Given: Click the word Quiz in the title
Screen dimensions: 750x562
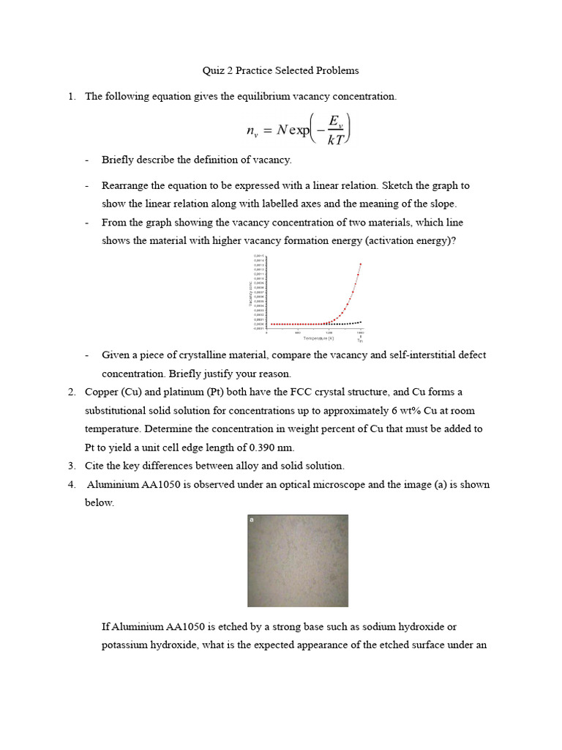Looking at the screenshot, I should pos(212,70).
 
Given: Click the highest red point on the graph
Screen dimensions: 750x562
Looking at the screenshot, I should pos(361,264).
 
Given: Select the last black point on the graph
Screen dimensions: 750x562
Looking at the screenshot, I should pos(361,322).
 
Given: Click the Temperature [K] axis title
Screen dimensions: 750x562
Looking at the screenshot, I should pos(318,338).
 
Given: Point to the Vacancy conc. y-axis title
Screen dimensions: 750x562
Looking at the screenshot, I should pos(250,294).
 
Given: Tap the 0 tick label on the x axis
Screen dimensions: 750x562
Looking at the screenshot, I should pos(268,333).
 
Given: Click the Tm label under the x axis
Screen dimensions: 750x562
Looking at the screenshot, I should pos(360,341).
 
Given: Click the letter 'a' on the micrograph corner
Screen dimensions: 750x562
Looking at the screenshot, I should pos(252,519).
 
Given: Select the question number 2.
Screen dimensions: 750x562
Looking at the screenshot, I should pos(72,392).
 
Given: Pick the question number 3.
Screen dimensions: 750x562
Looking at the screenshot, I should pos(72,465).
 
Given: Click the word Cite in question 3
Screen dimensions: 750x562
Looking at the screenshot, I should pos(94,465).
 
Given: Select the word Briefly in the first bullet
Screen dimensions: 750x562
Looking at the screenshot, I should pos(118,159).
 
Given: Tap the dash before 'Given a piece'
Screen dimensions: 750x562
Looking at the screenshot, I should pos(87,355).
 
